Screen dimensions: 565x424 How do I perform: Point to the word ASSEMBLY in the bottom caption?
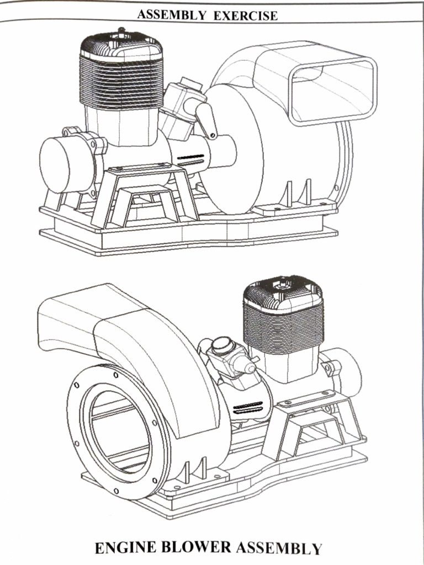click(279, 548)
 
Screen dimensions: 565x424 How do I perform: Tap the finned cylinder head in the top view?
click(121, 72)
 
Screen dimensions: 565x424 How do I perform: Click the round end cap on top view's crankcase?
click(62, 164)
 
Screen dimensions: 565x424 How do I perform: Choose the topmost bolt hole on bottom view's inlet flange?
click(115, 375)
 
